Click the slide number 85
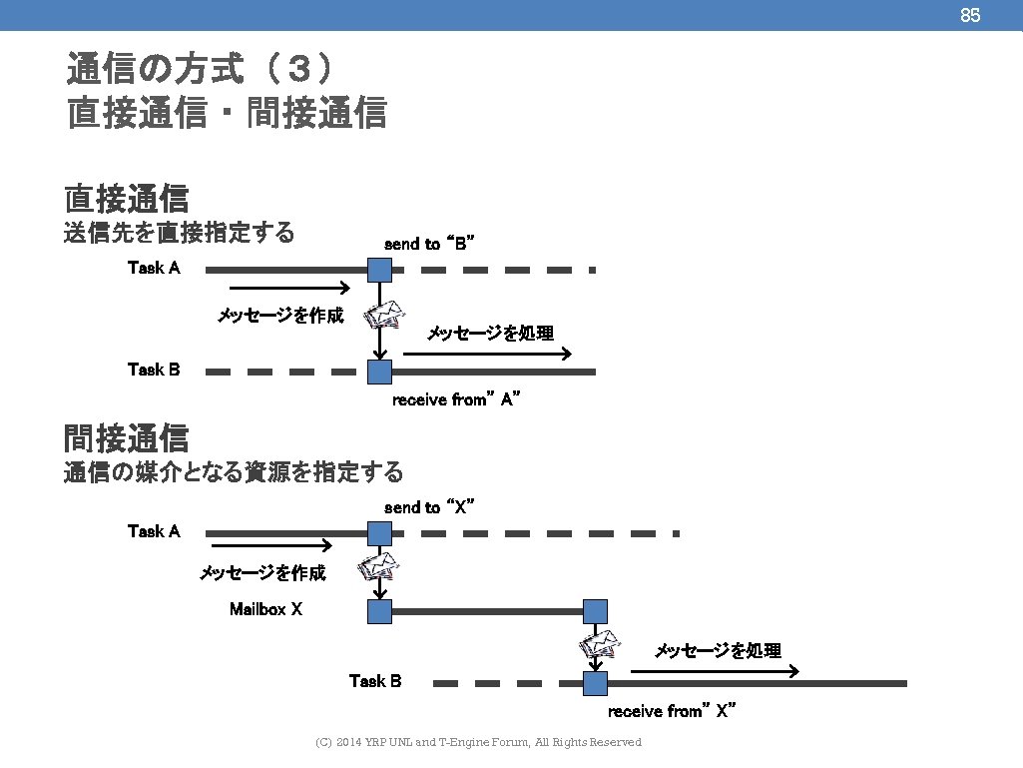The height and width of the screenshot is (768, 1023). tap(969, 15)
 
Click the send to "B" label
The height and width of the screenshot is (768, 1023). tap(428, 244)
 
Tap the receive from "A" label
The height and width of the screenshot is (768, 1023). tap(457, 399)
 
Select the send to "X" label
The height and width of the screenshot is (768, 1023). tap(428, 507)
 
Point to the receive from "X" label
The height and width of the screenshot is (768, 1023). tap(672, 711)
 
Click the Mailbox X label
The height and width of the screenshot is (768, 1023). tap(265, 608)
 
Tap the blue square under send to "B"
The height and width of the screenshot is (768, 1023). tap(379, 270)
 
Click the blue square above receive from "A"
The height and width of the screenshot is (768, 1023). tap(379, 373)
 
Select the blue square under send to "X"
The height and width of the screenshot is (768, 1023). tap(379, 533)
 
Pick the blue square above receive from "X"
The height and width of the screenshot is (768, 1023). tap(596, 684)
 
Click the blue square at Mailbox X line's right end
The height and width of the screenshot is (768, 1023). tap(596, 611)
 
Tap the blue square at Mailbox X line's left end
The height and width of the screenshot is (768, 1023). tap(379, 611)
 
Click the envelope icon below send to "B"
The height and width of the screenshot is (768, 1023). tap(385, 316)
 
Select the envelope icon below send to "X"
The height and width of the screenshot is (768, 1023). tap(380, 567)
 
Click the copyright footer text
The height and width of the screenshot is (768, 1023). tap(478, 742)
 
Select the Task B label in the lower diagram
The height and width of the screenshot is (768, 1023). tap(375, 681)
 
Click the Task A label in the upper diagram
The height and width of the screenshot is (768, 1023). tap(154, 268)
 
